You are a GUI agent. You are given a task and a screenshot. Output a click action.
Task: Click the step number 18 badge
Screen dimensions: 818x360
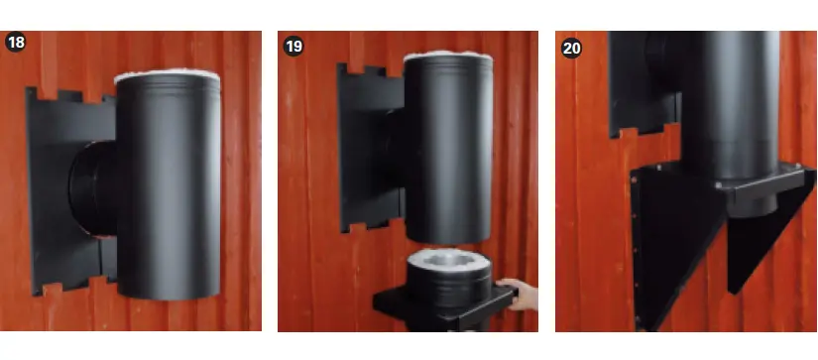[x=15, y=43]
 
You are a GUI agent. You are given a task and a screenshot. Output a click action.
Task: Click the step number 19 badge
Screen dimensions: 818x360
[x=293, y=46]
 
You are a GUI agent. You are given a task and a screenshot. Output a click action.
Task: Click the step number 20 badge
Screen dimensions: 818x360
[x=572, y=48]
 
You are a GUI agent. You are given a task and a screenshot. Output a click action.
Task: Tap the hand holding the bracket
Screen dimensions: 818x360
[x=519, y=295]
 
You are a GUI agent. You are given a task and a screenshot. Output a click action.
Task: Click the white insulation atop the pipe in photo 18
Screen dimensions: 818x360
[x=167, y=74]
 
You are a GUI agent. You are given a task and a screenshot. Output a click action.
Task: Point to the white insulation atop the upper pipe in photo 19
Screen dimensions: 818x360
[x=448, y=55]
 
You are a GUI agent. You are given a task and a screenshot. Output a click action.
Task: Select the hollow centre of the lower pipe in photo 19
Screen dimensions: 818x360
[x=449, y=258]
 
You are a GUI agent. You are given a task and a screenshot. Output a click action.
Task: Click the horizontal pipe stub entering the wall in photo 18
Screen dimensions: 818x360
[x=93, y=188]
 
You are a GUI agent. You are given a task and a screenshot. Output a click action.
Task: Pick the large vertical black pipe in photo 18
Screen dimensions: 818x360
[x=168, y=187]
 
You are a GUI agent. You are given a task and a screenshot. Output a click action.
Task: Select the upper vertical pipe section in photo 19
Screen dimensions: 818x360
[x=448, y=149]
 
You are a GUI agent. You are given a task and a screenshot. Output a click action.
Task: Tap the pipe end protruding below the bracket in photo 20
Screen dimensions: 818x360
[x=753, y=205]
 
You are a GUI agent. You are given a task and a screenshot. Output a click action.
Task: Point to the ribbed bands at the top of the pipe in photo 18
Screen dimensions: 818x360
[x=168, y=86]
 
